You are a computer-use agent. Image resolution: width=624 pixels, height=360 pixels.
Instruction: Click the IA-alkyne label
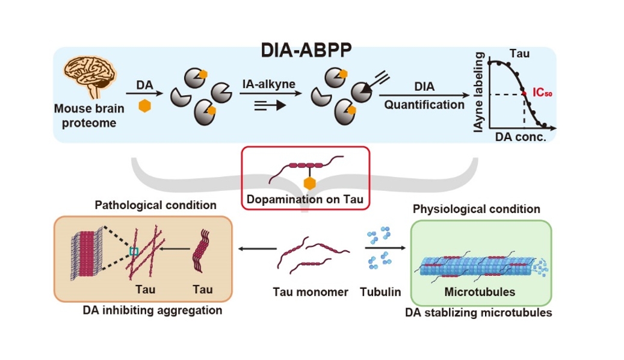click(x=269, y=84)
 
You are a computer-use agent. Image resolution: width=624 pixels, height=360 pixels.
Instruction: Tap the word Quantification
click(x=424, y=105)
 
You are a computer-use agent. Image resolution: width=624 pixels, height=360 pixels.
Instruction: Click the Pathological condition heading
click(x=156, y=205)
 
